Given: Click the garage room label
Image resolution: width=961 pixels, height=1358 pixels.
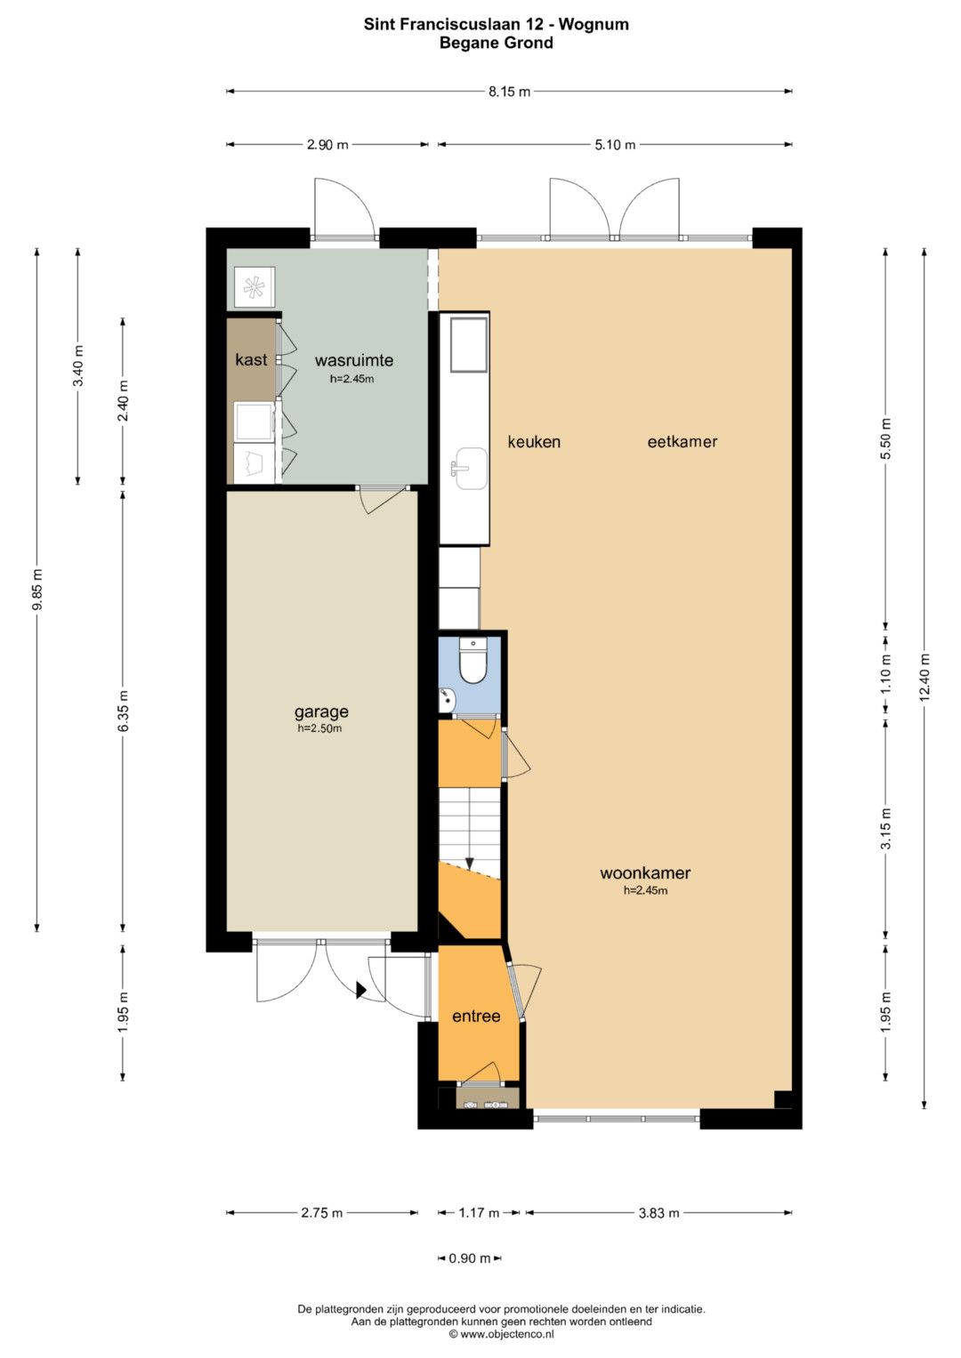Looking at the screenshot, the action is [321, 712].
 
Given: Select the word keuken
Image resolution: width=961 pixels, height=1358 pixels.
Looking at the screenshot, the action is [534, 442].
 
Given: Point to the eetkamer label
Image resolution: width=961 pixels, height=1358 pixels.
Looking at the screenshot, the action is [682, 442].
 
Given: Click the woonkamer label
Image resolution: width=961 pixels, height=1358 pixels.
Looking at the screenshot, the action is [645, 873].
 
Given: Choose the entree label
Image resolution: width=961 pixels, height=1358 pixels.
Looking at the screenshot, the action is [476, 1016].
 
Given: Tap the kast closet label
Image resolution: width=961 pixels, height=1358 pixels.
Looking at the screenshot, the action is [251, 359].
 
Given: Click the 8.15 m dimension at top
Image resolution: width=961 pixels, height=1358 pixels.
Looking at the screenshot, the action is [509, 92].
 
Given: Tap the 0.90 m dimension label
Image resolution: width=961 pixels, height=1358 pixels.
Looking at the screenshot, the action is [470, 1258].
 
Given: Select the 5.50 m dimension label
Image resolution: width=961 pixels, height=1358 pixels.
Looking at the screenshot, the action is [885, 439].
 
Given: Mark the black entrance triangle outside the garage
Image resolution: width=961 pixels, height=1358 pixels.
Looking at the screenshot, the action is [360, 991].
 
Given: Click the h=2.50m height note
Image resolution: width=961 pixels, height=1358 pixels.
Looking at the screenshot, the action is [319, 728].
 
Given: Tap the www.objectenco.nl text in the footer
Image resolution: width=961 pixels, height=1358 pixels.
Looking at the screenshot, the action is [501, 1334].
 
